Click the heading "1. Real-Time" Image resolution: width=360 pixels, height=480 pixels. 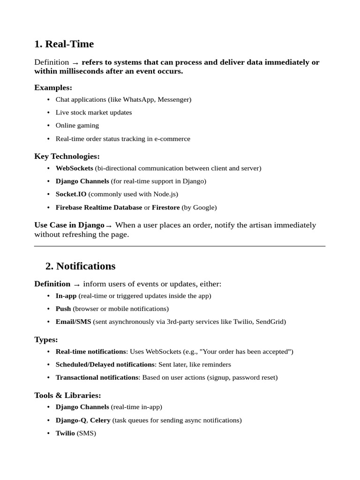pyautogui.click(x=64, y=44)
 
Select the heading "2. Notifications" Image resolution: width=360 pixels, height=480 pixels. pyautogui.click(x=80, y=266)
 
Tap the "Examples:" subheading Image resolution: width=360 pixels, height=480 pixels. pyautogui.click(x=53, y=88)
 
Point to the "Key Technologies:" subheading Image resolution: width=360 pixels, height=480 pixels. pyautogui.click(x=67, y=156)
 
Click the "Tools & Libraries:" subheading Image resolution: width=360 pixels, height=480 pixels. pyautogui.click(x=67, y=395)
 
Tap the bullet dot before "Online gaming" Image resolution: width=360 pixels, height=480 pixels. pyautogui.click(x=49, y=126)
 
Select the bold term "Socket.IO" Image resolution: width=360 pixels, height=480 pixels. pyautogui.click(x=71, y=194)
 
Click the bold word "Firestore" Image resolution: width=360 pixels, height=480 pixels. pyautogui.click(x=165, y=207)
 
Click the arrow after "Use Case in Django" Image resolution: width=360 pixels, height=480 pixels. pyautogui.click(x=109, y=226)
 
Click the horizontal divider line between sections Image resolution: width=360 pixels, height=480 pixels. pyautogui.click(x=180, y=246)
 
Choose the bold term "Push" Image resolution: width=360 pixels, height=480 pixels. pyautogui.click(x=63, y=309)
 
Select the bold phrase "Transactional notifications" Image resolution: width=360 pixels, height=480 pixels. pyautogui.click(x=97, y=377)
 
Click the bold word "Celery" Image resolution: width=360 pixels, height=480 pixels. pyautogui.click(x=100, y=420)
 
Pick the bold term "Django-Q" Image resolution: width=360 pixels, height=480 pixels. pyautogui.click(x=71, y=420)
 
